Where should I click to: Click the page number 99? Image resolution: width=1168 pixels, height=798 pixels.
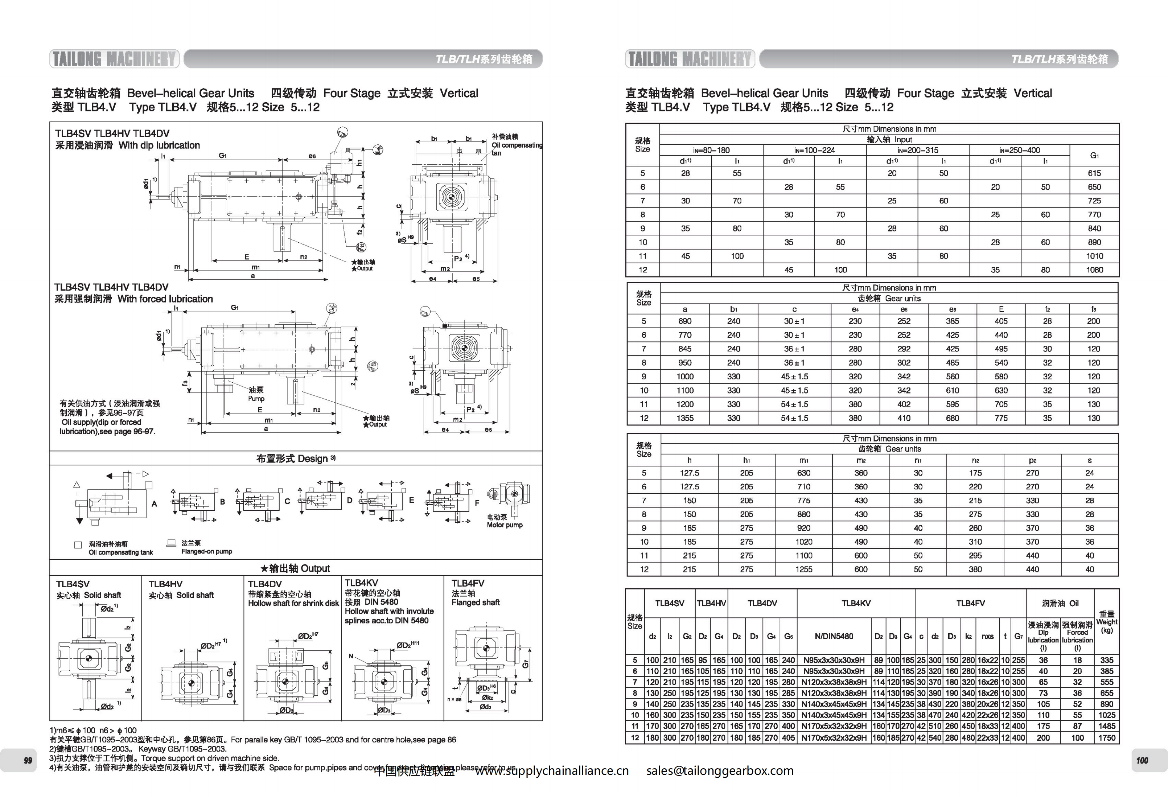coord(28,760)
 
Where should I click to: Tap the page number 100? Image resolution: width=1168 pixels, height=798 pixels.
coord(1142,760)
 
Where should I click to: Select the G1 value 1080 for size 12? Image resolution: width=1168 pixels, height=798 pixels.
coord(1094,270)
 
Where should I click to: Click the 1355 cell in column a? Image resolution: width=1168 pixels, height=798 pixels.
coord(684,418)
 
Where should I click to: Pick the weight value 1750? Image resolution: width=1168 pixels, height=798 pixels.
coord(1107,738)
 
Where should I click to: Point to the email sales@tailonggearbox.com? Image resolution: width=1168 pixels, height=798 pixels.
coord(720,771)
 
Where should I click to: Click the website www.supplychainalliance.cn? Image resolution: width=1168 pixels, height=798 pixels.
coord(552,771)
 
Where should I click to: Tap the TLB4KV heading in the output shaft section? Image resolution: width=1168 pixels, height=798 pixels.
coord(361,583)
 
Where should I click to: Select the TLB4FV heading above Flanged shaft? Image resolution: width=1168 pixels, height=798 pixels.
coord(468,583)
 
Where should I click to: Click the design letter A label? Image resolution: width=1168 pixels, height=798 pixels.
coord(154,503)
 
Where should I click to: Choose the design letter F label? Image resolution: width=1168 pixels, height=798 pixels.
coord(477,502)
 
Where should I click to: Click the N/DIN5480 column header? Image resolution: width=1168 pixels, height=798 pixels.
coord(834,636)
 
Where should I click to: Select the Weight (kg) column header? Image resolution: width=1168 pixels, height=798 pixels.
coord(1107,622)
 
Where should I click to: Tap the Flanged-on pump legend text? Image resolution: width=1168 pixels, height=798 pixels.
coord(206,551)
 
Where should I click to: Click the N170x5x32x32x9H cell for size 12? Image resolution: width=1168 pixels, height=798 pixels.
coord(834,738)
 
